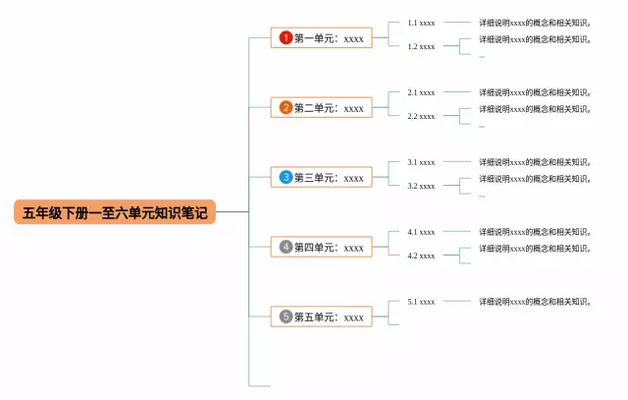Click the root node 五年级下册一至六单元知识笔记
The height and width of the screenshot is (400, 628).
115,212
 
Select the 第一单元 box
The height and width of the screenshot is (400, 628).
322,38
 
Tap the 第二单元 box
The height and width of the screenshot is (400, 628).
322,108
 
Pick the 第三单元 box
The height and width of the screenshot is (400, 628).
322,178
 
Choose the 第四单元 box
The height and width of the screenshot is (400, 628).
322,248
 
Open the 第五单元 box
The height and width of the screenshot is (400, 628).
322,317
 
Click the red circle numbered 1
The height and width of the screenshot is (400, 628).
286,38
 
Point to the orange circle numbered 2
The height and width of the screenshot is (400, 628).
286,108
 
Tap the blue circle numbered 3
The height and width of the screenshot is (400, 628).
286,178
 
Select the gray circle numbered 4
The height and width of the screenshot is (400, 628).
286,248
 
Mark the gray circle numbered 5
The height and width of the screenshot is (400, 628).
286,317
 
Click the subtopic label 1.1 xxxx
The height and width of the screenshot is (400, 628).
421,22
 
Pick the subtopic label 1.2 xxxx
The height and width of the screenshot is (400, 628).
421,46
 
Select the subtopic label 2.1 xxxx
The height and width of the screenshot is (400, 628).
421,92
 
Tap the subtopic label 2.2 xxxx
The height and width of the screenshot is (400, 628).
421,116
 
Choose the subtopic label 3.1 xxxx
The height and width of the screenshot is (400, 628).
421,162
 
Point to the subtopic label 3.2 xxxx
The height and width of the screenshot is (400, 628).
421,186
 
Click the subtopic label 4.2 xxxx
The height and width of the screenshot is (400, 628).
421,256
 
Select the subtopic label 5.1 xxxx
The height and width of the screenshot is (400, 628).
421,302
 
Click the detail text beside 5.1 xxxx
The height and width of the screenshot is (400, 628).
535,302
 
